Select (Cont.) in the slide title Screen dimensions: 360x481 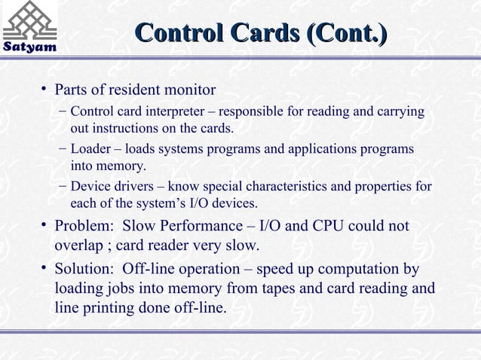tap(348, 33)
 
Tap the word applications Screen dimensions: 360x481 tap(332, 149)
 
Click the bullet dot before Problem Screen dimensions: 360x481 tap(44, 224)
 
